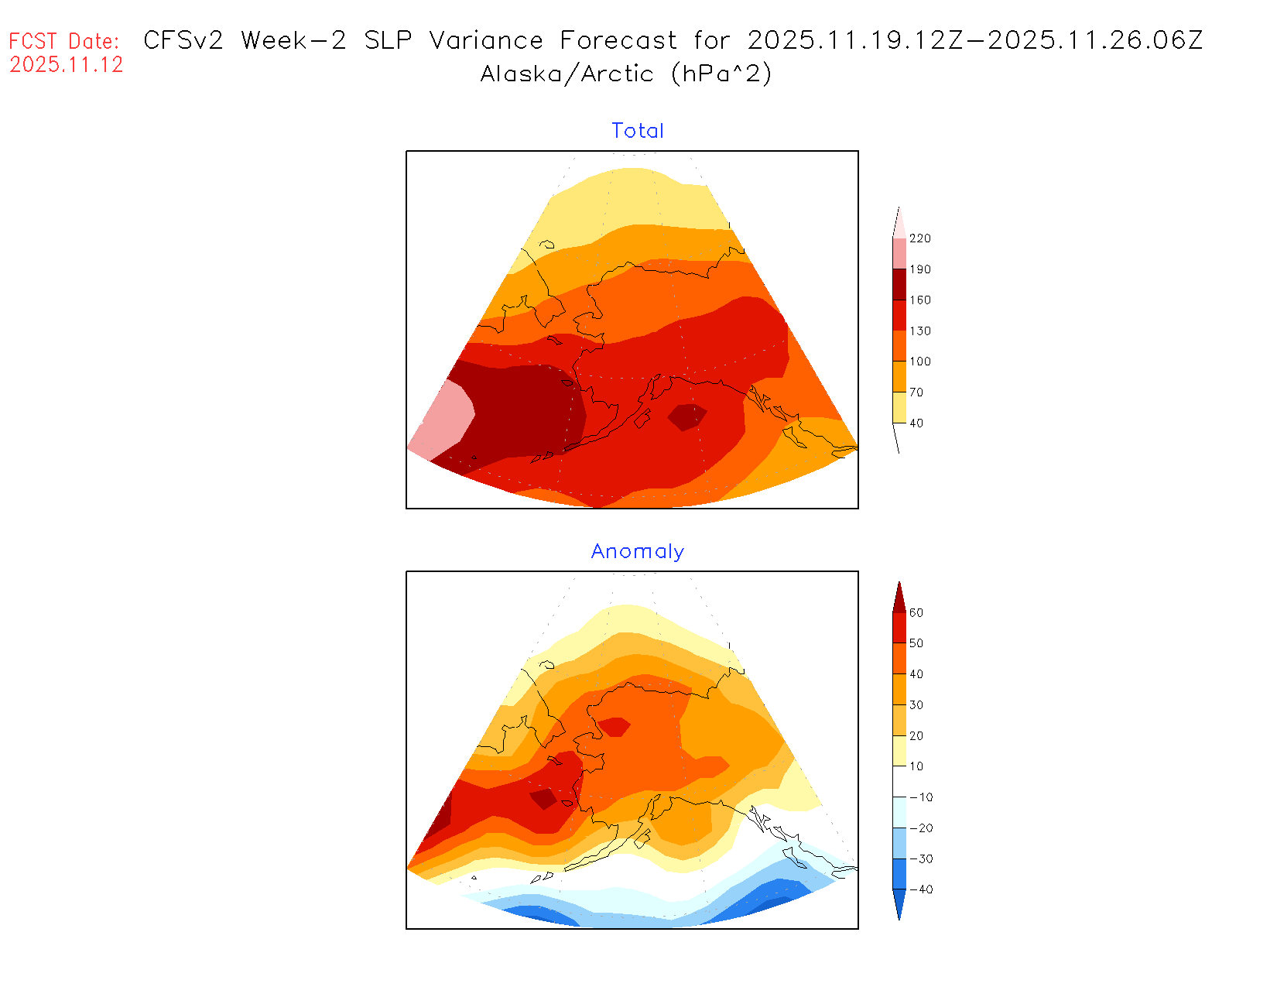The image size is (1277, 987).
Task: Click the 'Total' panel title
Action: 637,131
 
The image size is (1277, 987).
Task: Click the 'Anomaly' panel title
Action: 637,551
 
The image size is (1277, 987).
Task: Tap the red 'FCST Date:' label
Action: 64,41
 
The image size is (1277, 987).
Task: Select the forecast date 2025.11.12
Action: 67,65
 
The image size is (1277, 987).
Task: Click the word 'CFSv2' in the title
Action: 183,40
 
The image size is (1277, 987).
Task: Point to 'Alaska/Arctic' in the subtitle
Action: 567,74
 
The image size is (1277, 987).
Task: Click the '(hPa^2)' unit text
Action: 721,74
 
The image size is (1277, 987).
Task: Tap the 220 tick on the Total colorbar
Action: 919,238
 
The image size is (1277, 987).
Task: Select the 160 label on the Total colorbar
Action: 919,300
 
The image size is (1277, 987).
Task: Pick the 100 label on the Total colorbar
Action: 919,362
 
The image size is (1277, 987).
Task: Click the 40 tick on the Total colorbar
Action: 916,423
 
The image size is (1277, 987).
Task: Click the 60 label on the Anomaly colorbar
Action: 916,613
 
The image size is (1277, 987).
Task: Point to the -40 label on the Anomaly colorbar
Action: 920,889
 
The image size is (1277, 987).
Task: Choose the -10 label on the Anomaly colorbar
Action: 920,797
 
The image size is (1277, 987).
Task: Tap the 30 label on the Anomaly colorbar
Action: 916,705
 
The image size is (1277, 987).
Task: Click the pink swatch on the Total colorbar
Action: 899,254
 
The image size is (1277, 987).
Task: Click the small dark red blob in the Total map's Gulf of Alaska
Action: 686,416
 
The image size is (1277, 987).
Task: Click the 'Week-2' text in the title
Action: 293,40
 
